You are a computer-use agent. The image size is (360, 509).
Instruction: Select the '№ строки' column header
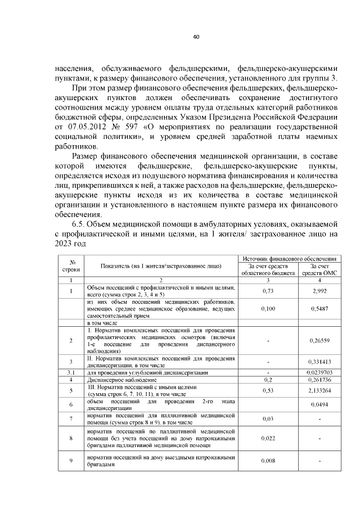72,265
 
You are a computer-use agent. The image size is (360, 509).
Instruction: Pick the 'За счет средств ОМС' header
319,269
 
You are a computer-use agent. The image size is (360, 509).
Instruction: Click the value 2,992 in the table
319,291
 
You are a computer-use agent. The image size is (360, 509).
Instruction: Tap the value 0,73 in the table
268,291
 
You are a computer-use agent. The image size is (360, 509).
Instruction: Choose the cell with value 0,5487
319,309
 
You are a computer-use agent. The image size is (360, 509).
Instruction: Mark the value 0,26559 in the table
319,341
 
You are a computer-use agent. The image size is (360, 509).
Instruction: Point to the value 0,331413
319,362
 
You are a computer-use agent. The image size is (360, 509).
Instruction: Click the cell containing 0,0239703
319,373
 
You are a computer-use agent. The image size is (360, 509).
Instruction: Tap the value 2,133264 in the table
319,390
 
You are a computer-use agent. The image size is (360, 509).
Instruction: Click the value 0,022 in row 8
268,438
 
